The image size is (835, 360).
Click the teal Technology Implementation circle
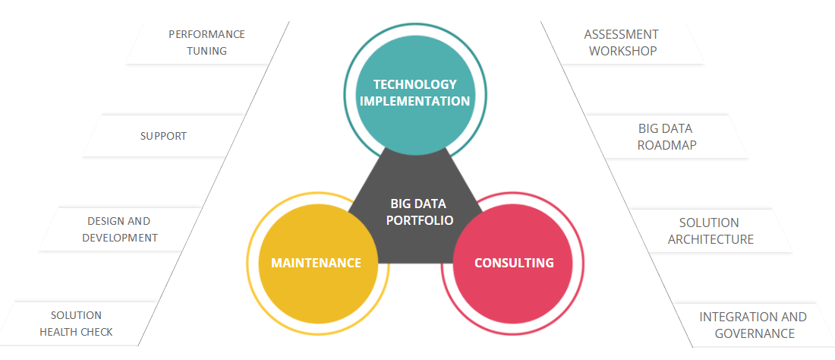(x=414, y=93)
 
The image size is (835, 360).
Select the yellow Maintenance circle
(x=317, y=263)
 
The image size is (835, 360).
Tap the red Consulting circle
(x=512, y=263)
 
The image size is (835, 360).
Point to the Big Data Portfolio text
(x=418, y=211)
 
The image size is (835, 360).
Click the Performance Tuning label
(x=206, y=43)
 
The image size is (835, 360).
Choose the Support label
(x=163, y=136)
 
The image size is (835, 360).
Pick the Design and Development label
(x=120, y=229)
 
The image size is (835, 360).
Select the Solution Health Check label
(x=76, y=324)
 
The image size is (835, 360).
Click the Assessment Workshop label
(x=622, y=43)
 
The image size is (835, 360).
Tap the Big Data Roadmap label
(x=666, y=137)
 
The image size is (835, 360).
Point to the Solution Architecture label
(x=711, y=231)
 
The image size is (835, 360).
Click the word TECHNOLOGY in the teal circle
(x=414, y=84)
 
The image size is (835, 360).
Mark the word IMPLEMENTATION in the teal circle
(x=414, y=101)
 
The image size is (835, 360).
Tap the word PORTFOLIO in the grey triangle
(x=420, y=220)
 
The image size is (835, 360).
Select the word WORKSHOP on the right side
(x=622, y=51)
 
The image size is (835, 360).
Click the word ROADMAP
(x=666, y=145)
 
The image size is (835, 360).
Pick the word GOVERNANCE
(x=755, y=334)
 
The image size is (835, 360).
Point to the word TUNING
(x=206, y=51)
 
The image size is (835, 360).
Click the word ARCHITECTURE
(x=711, y=240)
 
